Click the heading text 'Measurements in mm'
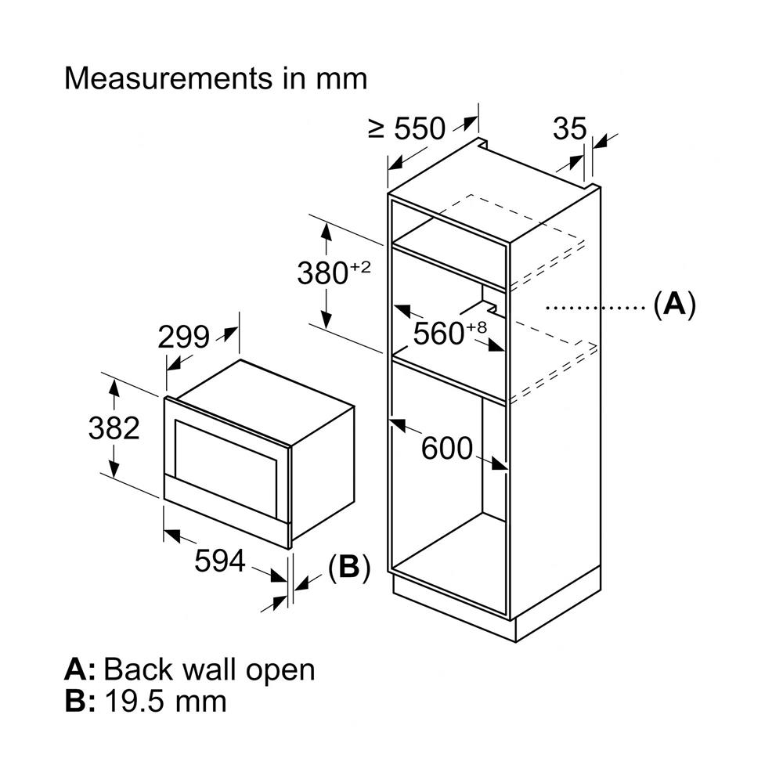[x=215, y=79]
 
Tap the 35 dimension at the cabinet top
[x=569, y=129]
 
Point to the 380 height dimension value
[x=322, y=274]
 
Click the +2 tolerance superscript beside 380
[x=359, y=267]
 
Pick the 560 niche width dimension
[x=438, y=334]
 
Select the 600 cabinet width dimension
[x=447, y=449]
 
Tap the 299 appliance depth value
[x=183, y=337]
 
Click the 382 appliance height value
[x=114, y=428]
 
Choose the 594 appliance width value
[x=220, y=561]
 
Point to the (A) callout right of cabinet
[x=673, y=304]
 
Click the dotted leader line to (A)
[x=595, y=308]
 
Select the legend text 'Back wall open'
[x=209, y=669]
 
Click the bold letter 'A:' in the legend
[x=80, y=669]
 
